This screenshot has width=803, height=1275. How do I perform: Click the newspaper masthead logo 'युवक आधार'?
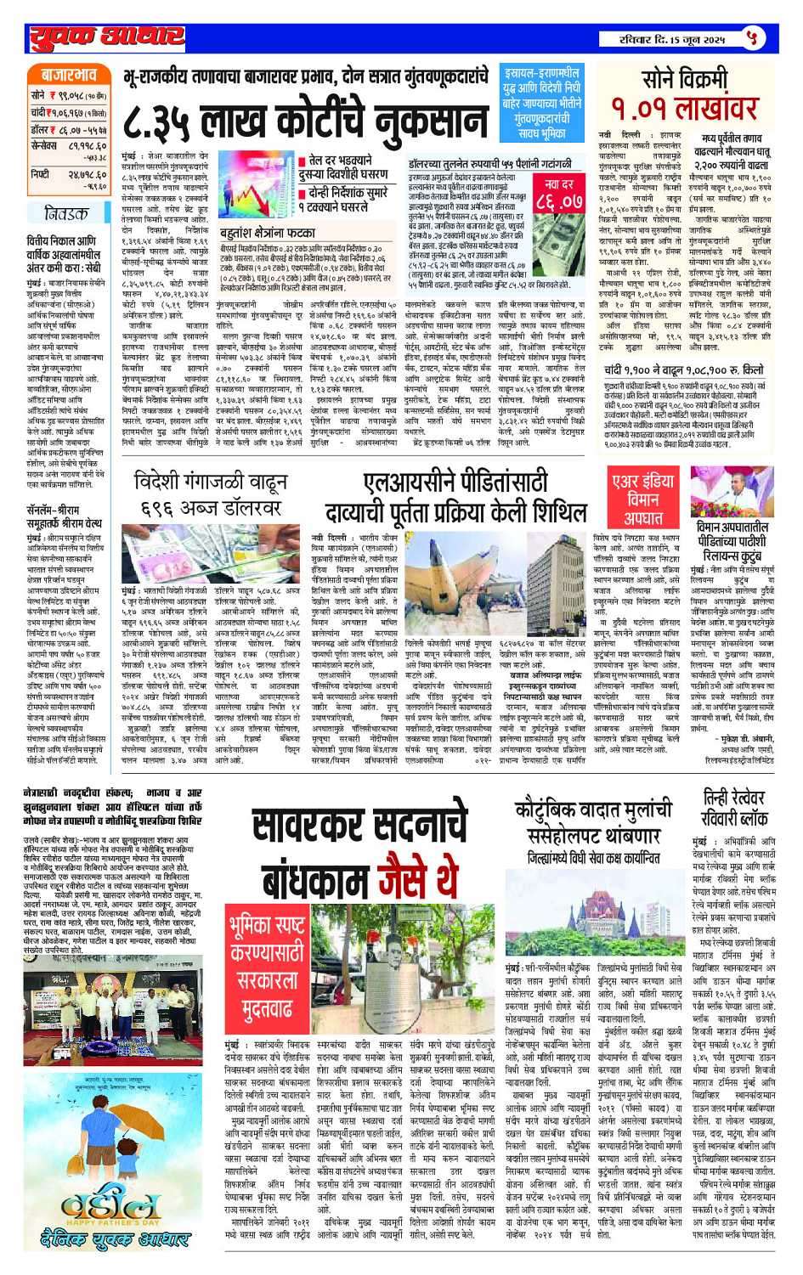click(106, 38)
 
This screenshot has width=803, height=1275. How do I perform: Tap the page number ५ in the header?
click(751, 38)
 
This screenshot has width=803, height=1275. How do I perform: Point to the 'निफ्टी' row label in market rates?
click(40, 174)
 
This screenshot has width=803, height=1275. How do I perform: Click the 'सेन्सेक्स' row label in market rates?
click(44, 146)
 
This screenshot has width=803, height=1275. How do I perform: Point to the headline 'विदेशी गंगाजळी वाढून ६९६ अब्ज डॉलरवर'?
click(207, 496)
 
